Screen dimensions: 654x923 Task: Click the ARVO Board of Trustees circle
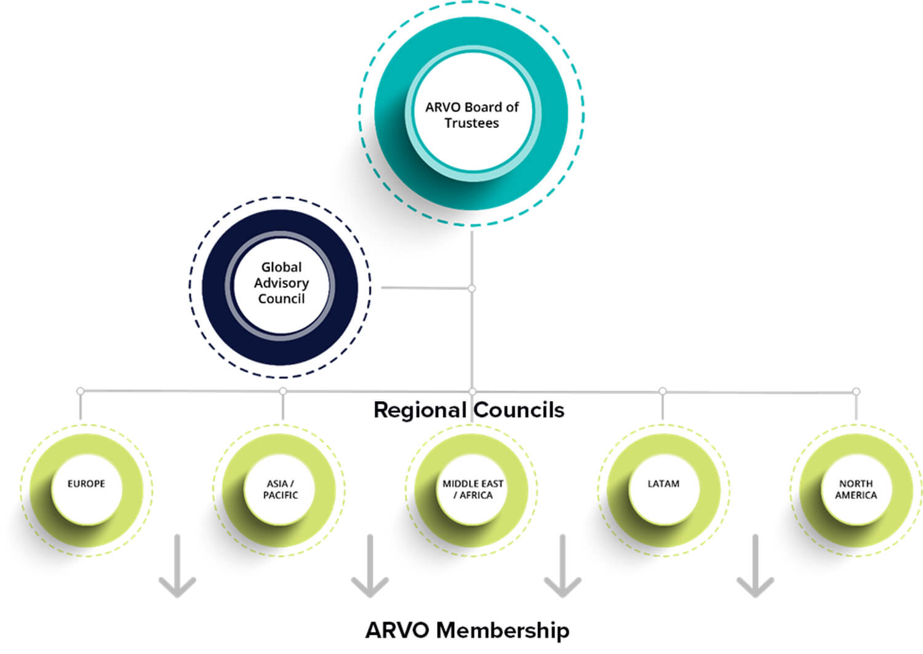click(x=471, y=114)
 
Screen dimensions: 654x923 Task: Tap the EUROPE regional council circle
click(x=86, y=490)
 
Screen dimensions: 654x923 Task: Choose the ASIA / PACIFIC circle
click(x=280, y=490)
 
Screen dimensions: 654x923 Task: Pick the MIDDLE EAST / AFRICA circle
click(x=472, y=490)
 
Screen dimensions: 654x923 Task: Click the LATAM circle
click(x=663, y=490)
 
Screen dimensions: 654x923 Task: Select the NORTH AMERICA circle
click(x=855, y=490)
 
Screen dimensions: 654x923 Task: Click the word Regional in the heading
click(x=420, y=410)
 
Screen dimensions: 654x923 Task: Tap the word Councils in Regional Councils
click(x=519, y=410)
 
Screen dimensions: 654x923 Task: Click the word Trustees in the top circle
click(x=471, y=123)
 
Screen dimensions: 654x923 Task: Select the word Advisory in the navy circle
click(x=281, y=283)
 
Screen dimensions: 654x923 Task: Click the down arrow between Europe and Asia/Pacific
click(x=177, y=566)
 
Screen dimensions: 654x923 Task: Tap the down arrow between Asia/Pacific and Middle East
click(x=370, y=566)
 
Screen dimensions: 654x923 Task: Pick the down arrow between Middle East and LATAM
click(x=562, y=566)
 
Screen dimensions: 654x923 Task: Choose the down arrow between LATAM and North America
click(x=755, y=566)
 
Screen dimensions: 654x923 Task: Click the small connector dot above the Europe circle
click(x=80, y=391)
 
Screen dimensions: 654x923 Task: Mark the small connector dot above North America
click(x=856, y=391)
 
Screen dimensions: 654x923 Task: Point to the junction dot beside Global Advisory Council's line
click(x=471, y=288)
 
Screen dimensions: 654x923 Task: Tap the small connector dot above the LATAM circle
click(x=662, y=391)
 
